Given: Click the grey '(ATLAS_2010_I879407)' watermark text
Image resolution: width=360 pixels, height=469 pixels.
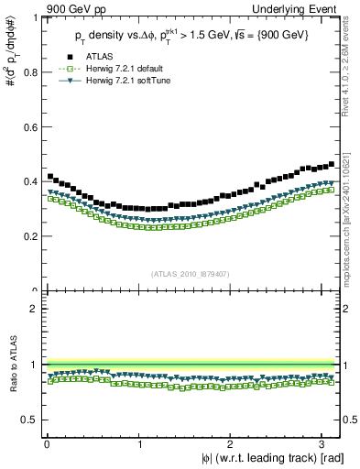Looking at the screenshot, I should coord(191,272).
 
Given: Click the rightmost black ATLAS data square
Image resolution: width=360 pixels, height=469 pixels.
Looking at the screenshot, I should coord(332,164).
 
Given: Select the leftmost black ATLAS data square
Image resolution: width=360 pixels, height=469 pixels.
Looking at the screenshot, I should coord(50,176).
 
